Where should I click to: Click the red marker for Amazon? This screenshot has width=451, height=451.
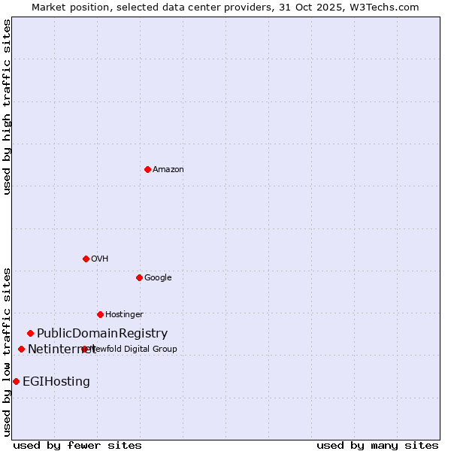coord(147,169)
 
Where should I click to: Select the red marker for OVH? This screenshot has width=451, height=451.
coord(86,259)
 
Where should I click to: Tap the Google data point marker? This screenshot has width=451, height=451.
coord(139,277)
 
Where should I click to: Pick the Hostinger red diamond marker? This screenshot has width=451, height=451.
coord(100,314)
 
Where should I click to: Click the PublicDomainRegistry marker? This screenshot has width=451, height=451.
coord(30,333)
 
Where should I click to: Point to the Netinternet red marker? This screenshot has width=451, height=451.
coord(21,349)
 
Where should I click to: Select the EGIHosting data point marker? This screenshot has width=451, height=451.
coord(16,381)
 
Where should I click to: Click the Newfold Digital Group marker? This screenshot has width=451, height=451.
coord(84,349)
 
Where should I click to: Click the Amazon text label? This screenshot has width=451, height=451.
coord(168,169)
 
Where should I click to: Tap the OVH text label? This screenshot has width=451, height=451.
coord(100,259)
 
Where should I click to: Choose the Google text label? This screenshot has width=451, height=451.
coord(158,277)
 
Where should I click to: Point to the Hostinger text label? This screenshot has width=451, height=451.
coord(124,314)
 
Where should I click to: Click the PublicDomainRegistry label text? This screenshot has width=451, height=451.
coord(102,333)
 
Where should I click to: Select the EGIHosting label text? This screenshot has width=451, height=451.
coord(56,381)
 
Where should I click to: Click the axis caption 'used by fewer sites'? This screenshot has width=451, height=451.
coord(77,445)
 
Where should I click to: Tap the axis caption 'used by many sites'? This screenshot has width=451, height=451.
coord(377,445)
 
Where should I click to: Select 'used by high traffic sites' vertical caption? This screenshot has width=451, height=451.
coord(7,107)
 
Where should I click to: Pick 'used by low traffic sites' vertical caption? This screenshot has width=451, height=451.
coord(7,351)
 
